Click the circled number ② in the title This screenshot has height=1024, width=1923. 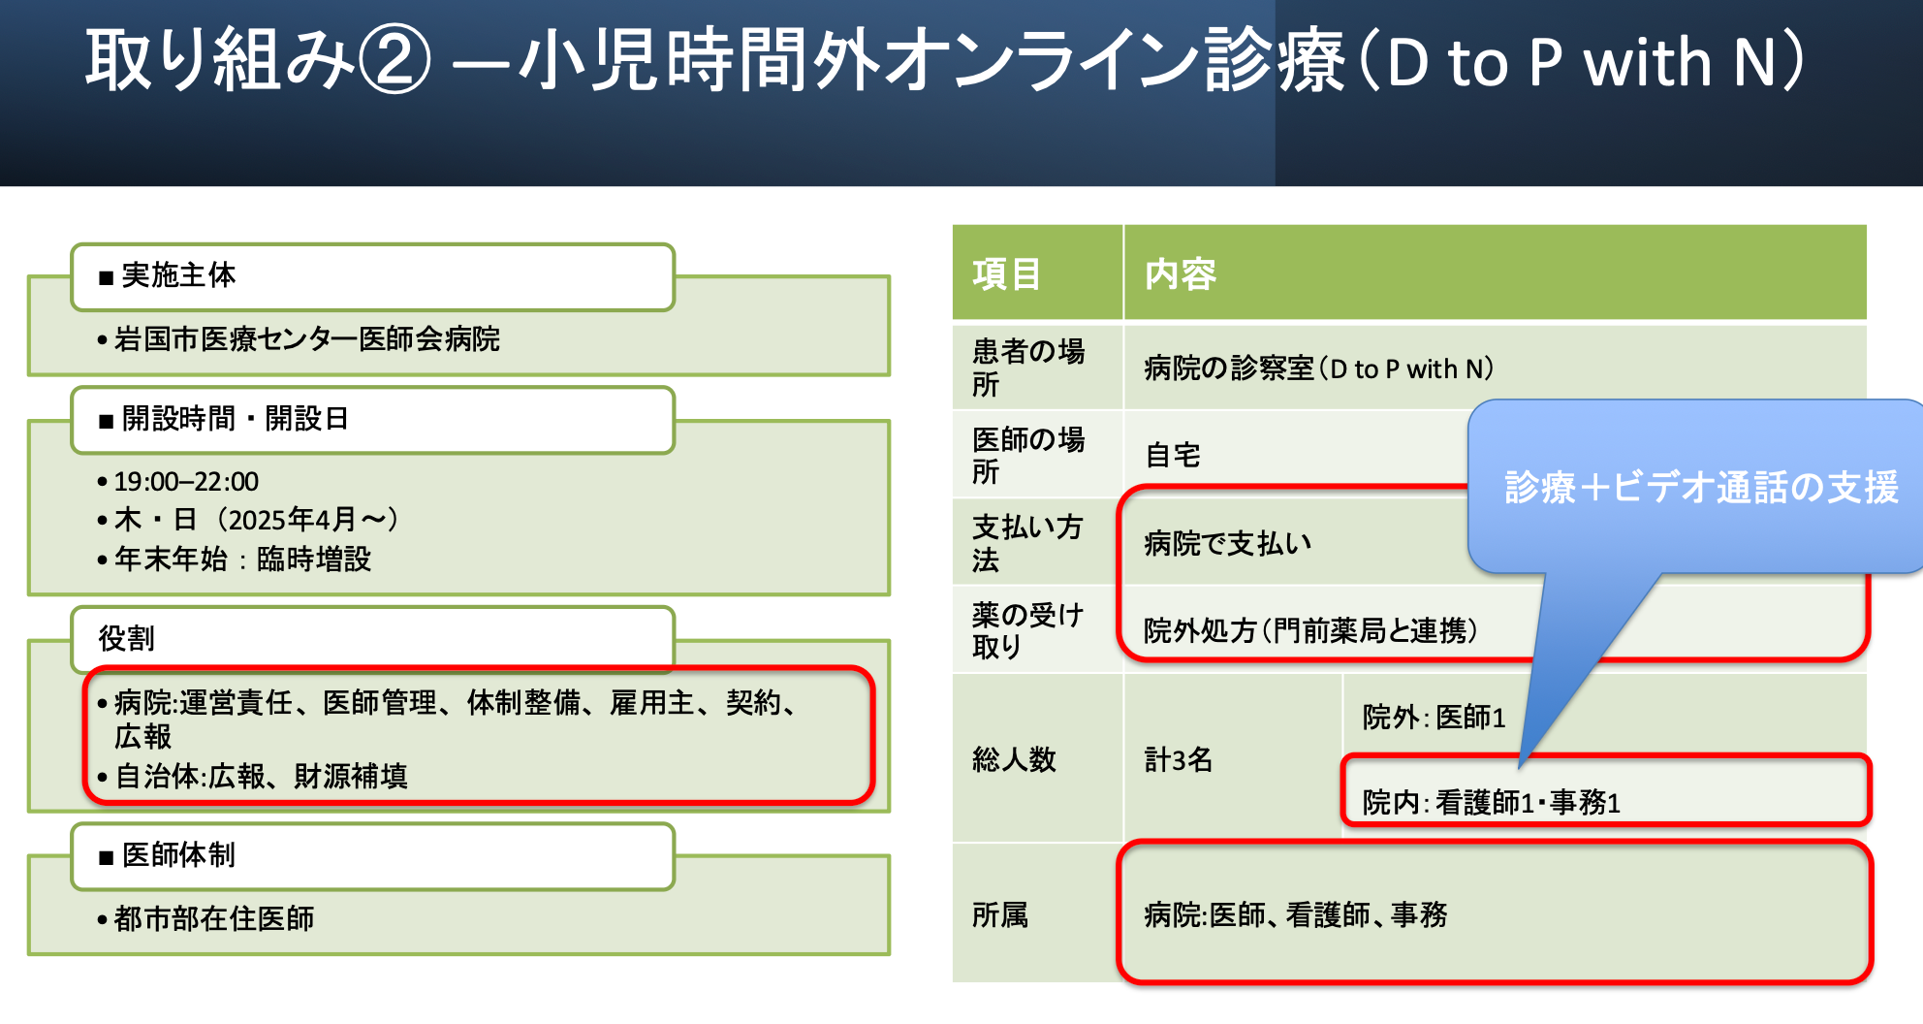(x=394, y=60)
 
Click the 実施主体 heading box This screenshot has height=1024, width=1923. (x=372, y=276)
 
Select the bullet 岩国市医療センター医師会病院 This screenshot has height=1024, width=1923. (x=306, y=339)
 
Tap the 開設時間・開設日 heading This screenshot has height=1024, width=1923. (x=372, y=420)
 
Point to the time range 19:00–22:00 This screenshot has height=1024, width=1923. (x=186, y=482)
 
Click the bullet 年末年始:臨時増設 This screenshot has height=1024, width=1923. (x=242, y=560)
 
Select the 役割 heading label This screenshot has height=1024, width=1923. (x=127, y=639)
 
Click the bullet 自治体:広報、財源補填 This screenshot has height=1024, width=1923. (x=261, y=777)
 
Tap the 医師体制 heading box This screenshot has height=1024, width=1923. (x=372, y=855)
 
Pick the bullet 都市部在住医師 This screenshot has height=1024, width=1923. (x=214, y=919)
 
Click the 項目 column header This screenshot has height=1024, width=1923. (x=1007, y=274)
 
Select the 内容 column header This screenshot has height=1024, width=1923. (x=1181, y=274)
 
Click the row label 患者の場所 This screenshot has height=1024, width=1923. (x=1028, y=368)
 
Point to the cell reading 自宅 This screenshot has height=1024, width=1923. (x=1173, y=455)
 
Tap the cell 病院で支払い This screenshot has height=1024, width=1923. (x=1227, y=543)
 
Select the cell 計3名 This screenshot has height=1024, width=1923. (x=1179, y=759)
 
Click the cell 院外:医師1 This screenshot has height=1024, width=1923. (x=1434, y=718)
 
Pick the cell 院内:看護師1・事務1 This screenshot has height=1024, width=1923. (x=1491, y=803)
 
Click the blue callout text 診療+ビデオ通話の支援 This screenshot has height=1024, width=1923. (x=1701, y=488)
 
